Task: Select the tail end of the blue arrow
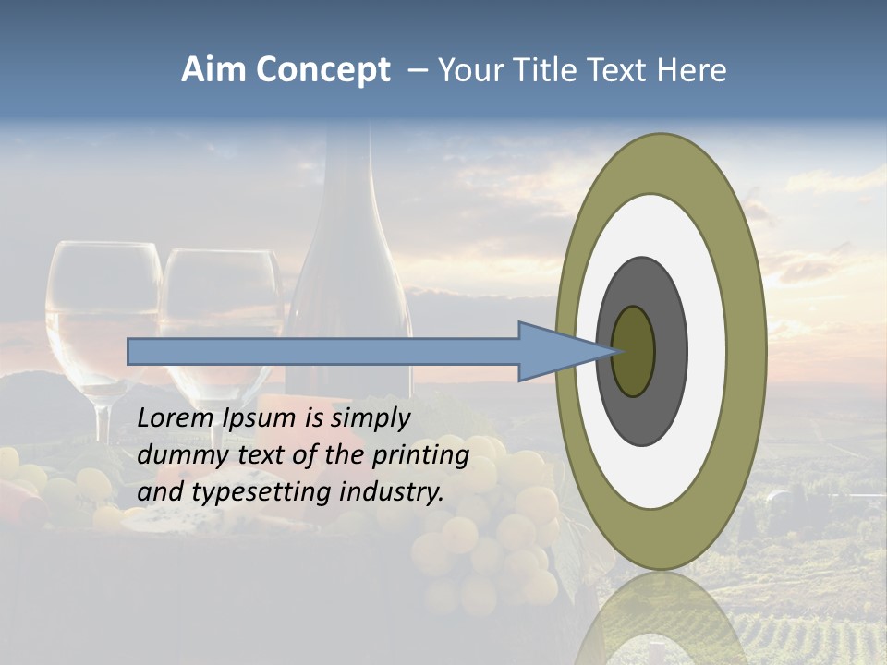pos(132,351)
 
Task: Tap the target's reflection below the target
pos(662,619)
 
